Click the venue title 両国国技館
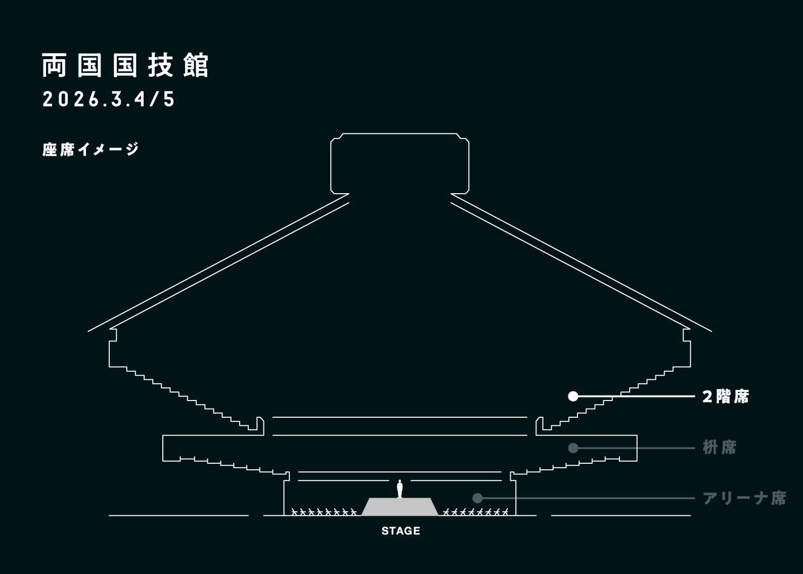(125, 66)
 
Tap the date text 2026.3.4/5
(109, 100)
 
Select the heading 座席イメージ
(91, 150)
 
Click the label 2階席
(726, 397)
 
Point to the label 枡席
(720, 448)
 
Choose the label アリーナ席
(744, 498)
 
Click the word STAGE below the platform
(400, 531)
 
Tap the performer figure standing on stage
(400, 489)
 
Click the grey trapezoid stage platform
(400, 507)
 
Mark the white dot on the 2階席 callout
(573, 396)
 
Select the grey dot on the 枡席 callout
(573, 448)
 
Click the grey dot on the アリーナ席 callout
(477, 498)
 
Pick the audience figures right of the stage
(475, 511)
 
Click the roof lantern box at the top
(399, 163)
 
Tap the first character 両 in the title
(54, 66)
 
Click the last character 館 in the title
(196, 66)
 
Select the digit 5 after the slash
(169, 100)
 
